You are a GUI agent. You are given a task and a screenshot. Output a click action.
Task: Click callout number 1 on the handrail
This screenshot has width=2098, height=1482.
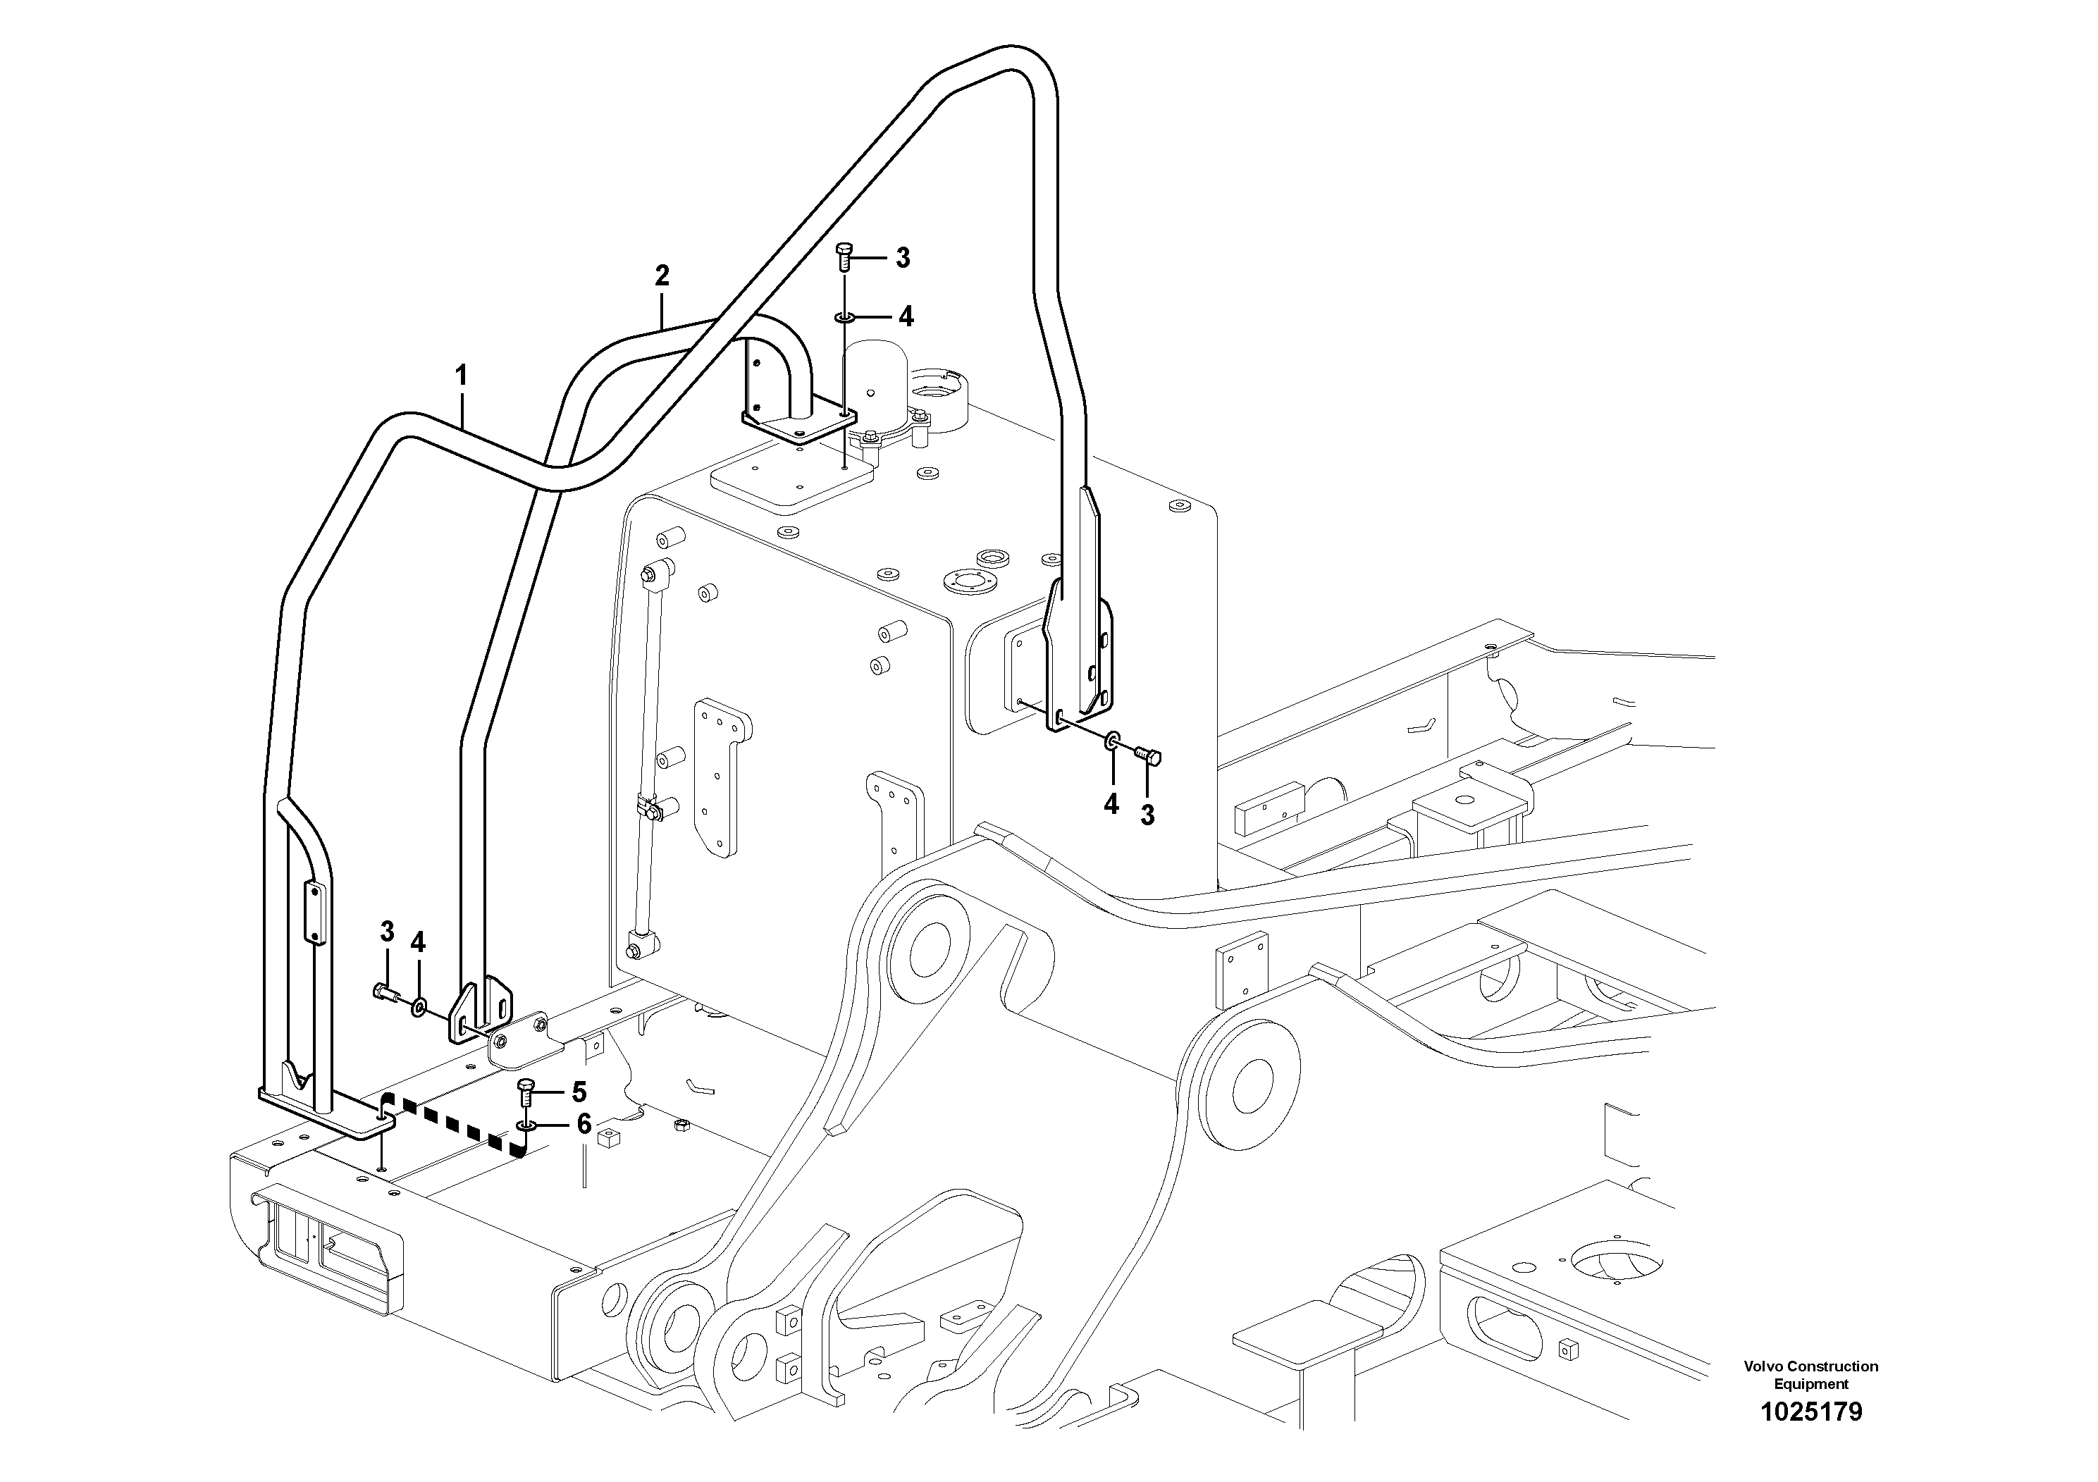[x=462, y=376]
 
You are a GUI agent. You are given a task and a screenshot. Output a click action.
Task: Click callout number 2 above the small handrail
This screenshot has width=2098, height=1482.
[x=662, y=275]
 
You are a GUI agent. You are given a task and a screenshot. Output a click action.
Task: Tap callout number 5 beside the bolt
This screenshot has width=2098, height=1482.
[x=579, y=1092]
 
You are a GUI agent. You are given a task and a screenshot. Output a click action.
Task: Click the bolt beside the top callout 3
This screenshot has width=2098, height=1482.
[x=844, y=257]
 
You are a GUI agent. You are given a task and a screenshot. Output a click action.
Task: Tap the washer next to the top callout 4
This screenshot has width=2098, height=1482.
[x=844, y=318]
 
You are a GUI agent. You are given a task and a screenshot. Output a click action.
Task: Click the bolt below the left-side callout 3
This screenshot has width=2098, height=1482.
[x=385, y=990]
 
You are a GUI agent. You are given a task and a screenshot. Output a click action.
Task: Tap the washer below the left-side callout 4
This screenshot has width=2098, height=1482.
[x=419, y=1008]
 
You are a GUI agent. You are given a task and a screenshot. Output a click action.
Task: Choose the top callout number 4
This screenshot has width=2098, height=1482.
[x=906, y=317]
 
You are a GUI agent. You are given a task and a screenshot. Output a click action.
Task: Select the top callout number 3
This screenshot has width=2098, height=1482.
[x=903, y=258]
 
